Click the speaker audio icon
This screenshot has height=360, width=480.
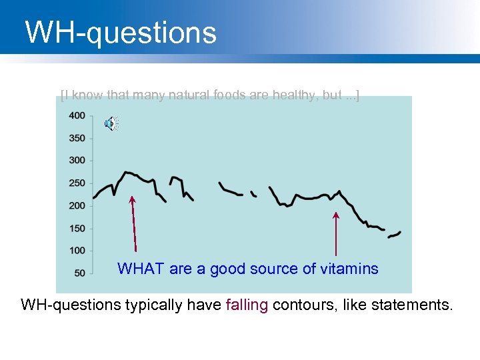[111, 123]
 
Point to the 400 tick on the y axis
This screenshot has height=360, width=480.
[77, 115]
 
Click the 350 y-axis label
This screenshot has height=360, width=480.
[77, 138]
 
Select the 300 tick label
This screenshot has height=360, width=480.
[77, 161]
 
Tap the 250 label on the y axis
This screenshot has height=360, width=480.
[77, 183]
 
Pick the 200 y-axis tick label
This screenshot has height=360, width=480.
[77, 206]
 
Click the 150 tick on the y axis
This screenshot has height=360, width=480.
[77, 229]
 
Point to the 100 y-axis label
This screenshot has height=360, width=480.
[77, 251]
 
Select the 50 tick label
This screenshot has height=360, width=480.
[79, 273]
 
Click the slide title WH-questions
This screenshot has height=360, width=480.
[121, 33]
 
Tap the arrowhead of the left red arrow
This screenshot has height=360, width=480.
[132, 199]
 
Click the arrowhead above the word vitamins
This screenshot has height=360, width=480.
[336, 215]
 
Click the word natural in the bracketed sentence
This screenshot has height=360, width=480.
[194, 95]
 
